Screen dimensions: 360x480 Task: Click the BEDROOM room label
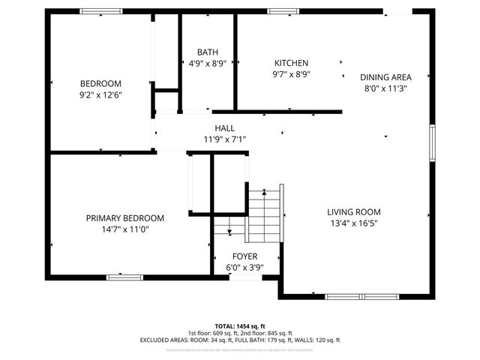click(x=100, y=83)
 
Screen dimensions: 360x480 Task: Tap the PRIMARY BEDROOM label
click(x=124, y=218)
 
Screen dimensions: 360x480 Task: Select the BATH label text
click(x=208, y=52)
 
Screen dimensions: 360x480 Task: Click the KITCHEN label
click(x=291, y=63)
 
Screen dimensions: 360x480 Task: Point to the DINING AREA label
click(x=385, y=76)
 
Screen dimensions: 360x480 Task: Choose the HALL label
click(x=224, y=128)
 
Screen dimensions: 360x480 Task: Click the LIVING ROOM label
click(x=354, y=211)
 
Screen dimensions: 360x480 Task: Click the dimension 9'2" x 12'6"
click(x=100, y=95)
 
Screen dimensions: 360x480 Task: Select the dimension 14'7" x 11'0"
click(x=124, y=229)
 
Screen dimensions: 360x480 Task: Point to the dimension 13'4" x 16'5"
click(x=354, y=223)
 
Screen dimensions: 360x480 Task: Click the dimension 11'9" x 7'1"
click(x=224, y=139)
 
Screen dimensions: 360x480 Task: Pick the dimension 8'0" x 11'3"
click(x=385, y=88)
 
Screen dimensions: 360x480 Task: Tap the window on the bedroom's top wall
click(x=102, y=11)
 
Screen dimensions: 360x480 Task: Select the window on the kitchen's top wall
click(x=281, y=11)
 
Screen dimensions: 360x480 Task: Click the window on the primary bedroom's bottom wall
click(x=124, y=277)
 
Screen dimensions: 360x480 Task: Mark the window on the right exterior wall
click(x=432, y=142)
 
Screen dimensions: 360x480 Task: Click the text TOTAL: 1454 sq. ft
click(x=239, y=326)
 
